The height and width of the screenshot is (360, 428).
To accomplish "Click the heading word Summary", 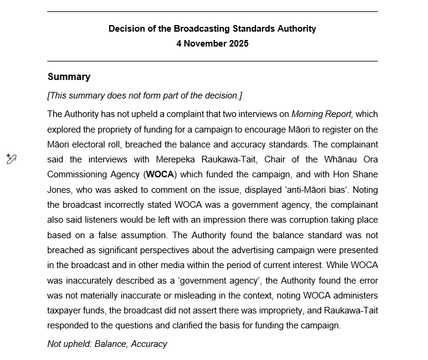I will tap(69, 77).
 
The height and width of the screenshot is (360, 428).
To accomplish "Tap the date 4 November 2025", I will tap(212, 44).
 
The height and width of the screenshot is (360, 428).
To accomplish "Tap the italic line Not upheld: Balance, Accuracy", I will tap(107, 344).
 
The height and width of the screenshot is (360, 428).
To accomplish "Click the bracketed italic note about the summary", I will tap(144, 96).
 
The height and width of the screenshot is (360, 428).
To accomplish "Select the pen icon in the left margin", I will tap(11, 159).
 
